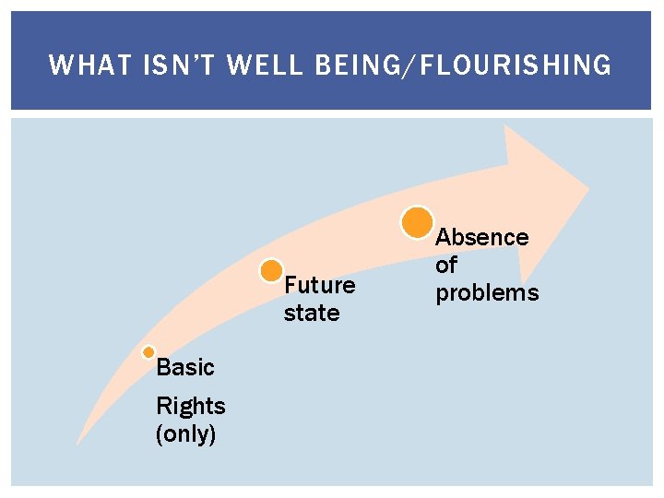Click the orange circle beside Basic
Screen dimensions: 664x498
[148, 352]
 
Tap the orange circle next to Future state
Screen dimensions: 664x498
[271, 270]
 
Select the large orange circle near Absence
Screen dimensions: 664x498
[417, 221]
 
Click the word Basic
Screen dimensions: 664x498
[184, 368]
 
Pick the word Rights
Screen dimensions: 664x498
[190, 406]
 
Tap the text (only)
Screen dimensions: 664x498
[186, 433]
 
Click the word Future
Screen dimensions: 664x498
[319, 285]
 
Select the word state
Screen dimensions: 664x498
[312, 314]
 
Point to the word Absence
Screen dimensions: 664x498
[481, 237]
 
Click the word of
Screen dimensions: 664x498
[446, 266]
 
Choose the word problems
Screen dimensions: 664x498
[487, 293]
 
